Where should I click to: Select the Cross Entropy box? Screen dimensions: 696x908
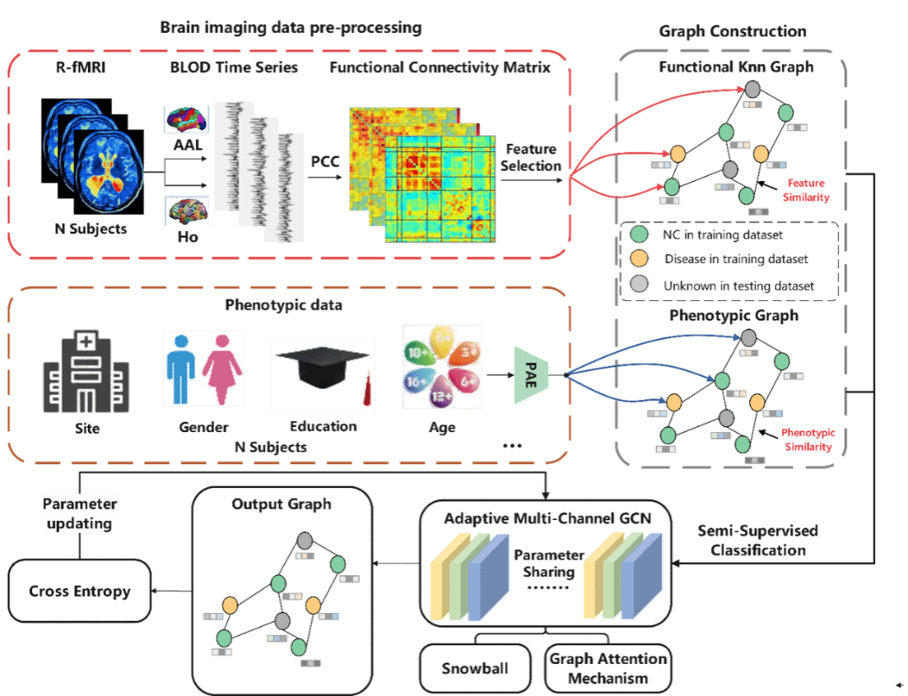[79, 591]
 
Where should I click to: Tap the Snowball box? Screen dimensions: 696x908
[474, 668]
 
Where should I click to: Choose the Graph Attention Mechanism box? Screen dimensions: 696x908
[608, 668]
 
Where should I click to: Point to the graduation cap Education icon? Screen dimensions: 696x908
[322, 375]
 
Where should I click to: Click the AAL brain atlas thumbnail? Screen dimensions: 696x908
[185, 118]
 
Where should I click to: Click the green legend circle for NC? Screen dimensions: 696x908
[640, 234]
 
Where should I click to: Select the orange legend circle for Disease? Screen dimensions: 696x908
[640, 259]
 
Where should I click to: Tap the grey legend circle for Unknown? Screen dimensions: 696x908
[640, 285]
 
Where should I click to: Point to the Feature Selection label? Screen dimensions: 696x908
[531, 157]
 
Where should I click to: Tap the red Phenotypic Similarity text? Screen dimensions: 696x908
[808, 439]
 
